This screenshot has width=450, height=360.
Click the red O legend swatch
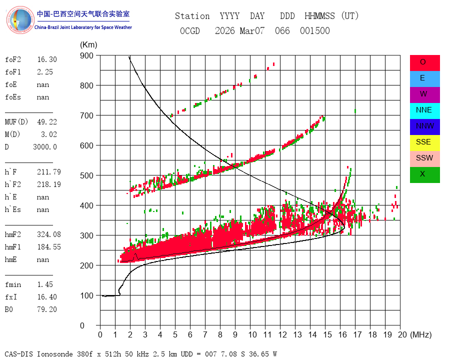424,63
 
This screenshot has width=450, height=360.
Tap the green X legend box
424,175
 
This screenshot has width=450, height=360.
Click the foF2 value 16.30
47,59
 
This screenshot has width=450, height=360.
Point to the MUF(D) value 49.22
47,122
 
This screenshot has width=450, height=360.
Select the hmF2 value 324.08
49,234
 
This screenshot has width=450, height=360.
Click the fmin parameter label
13,284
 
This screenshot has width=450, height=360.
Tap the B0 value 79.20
47,309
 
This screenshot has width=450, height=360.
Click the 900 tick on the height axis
86,55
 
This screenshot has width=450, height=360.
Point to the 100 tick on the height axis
86,295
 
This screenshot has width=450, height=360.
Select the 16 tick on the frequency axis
342,334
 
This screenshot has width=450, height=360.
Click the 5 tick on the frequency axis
175,334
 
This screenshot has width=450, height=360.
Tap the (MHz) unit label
421,334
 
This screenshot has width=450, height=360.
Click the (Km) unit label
88,45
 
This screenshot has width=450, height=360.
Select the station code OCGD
190,30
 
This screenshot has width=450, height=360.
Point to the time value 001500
315,30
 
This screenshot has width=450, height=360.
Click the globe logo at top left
20,20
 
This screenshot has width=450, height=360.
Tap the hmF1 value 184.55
49,247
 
